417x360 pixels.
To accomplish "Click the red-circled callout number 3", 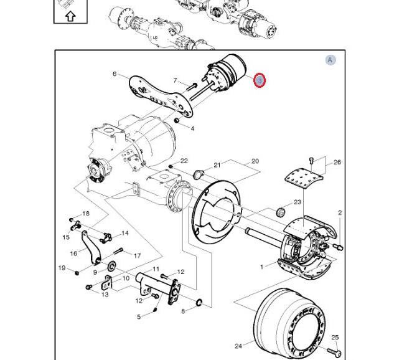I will coord(260,80).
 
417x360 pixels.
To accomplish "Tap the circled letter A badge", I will coord(330,60).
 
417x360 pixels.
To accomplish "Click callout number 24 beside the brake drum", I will coord(238,346).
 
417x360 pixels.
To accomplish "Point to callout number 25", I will coord(335,338).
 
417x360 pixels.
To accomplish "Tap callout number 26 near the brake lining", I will coord(337,163).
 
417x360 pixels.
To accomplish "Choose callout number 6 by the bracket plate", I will coord(115,74).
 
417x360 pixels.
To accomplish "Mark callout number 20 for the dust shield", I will coord(255,161).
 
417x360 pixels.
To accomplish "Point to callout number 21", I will coord(217,165).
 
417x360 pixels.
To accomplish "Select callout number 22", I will coord(184,161).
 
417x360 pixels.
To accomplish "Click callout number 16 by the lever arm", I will coord(74,253).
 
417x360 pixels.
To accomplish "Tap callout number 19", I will coord(62,268).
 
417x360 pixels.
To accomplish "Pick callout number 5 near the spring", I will coord(139,316).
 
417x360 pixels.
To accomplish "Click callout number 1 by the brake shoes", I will coord(261,267).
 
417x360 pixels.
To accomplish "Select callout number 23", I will coord(298,202).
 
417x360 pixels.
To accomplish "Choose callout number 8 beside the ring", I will coord(183,311).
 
